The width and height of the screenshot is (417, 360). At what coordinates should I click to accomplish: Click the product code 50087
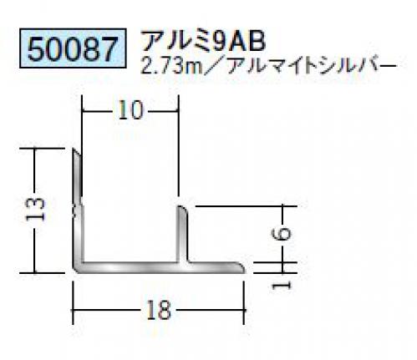[73, 48]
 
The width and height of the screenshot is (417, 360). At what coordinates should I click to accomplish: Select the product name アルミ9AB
[203, 41]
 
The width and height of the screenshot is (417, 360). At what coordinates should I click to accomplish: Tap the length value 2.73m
[171, 68]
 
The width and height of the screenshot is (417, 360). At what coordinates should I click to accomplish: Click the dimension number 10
[131, 110]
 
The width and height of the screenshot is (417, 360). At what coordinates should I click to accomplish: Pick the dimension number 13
[34, 210]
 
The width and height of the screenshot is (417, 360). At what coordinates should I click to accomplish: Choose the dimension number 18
[158, 310]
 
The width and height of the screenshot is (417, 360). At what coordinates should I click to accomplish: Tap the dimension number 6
[282, 233]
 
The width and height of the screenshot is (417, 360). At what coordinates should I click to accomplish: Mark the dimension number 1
[281, 285]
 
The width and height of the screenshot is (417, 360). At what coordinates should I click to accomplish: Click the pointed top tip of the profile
[74, 149]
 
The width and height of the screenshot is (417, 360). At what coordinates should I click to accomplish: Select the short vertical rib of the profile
[183, 234]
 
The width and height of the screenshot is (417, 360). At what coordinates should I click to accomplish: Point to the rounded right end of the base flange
[242, 267]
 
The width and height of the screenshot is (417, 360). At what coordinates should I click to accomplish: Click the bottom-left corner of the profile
[74, 271]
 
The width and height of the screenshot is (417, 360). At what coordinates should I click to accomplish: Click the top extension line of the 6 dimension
[247, 206]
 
